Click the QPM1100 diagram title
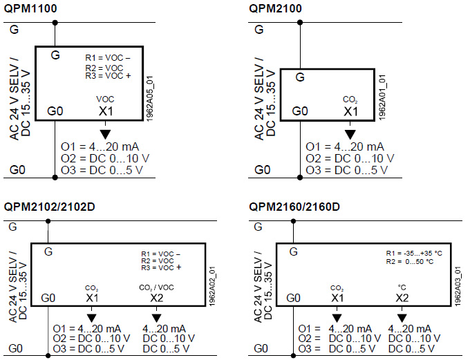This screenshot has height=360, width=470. (x=30, y=8)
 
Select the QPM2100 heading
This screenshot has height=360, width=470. (x=275, y=8)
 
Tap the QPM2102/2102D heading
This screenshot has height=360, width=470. (x=50, y=207)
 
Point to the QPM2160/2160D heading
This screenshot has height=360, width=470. (x=294, y=207)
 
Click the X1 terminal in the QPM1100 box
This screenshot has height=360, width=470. (x=106, y=111)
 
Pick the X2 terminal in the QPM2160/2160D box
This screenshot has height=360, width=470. (x=402, y=298)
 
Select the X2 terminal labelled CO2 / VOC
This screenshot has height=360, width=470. (x=157, y=298)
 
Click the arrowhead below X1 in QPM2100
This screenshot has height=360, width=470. (x=350, y=134)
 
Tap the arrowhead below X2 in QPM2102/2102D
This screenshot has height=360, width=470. (x=157, y=318)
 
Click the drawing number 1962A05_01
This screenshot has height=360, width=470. (x=150, y=99)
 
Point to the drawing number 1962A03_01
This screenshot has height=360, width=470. (x=458, y=286)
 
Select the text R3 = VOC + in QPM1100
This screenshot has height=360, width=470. (x=109, y=76)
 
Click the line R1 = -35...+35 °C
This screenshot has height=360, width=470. (x=414, y=254)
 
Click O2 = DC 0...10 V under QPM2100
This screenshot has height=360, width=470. (x=350, y=158)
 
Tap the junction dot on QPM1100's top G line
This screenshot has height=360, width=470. (x=55, y=23)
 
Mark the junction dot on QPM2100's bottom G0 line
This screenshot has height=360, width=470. (x=300, y=178)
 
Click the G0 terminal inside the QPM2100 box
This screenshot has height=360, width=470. (x=300, y=111)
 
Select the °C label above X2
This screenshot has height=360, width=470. (x=402, y=287)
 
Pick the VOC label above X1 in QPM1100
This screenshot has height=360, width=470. (x=105, y=100)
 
